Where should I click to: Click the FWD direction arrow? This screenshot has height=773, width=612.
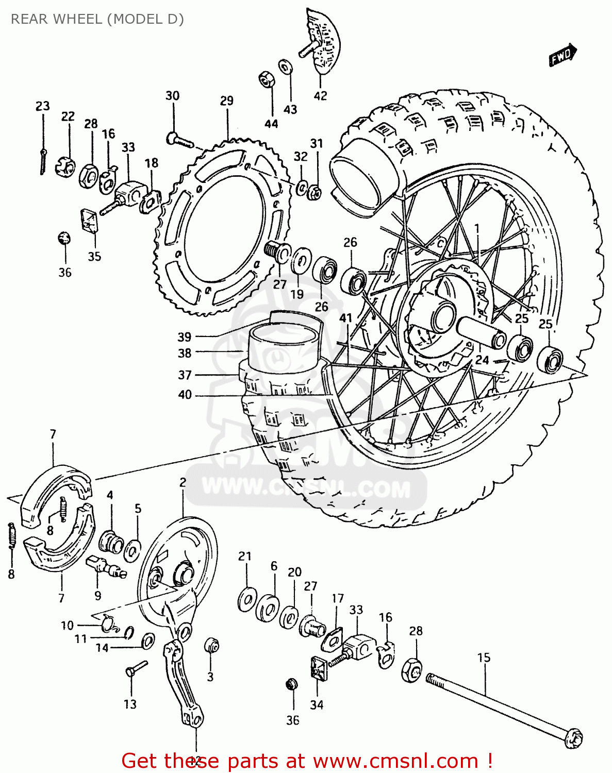pos(562,55)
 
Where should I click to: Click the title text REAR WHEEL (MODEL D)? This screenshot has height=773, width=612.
pos(97,19)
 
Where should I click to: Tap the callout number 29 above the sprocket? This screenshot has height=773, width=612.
pos(227,100)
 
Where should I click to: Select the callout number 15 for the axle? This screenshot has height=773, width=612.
pos(484,658)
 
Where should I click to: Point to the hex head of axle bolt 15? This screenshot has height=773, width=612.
pos(573,739)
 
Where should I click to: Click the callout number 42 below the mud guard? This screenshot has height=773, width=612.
pos(320,95)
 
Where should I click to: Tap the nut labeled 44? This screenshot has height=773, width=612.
pos(266,80)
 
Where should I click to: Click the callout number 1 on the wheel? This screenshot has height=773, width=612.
pos(477,228)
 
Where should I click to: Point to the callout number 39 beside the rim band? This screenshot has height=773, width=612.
pos(185,337)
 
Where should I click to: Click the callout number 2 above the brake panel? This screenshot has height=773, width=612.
pos(183,482)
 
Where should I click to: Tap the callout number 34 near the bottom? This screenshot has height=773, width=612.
pos(317,704)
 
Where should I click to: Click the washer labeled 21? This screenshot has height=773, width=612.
pos(246,599)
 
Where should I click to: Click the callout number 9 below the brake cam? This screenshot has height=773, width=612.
pos(98,596)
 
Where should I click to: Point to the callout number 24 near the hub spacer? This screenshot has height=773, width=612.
pos(482,359)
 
